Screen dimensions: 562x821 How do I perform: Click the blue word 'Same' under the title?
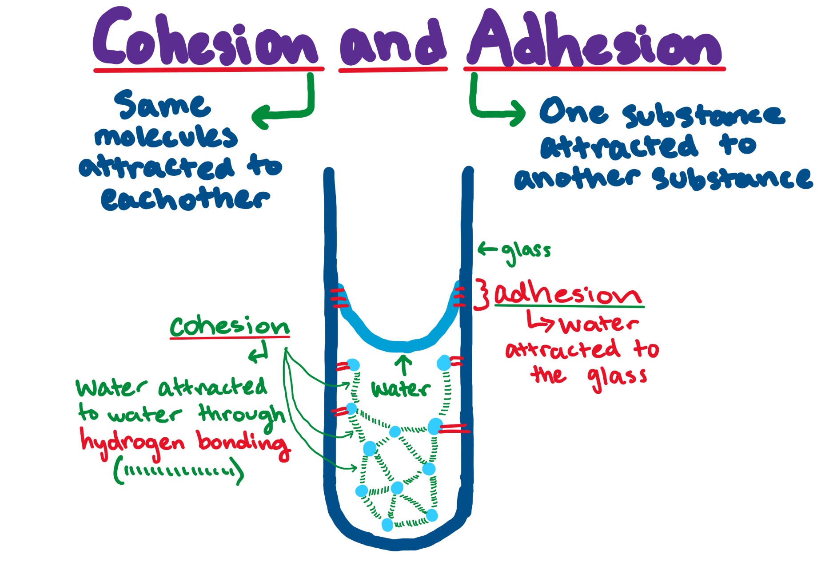coord(162,105)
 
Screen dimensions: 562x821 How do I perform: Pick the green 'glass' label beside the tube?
coord(526,252)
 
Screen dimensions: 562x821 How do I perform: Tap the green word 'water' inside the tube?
coord(400,389)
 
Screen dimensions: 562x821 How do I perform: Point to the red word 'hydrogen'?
coord(132,442)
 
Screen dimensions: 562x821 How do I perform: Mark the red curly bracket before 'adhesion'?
coord(482,294)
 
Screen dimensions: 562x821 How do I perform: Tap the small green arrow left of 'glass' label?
coord(487,249)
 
